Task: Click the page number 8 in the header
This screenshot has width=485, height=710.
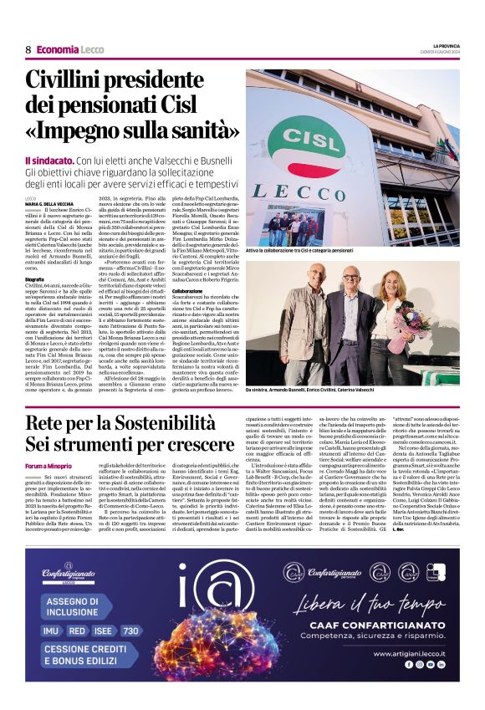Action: [x=28, y=49]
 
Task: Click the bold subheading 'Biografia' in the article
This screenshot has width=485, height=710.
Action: [x=36, y=278]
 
